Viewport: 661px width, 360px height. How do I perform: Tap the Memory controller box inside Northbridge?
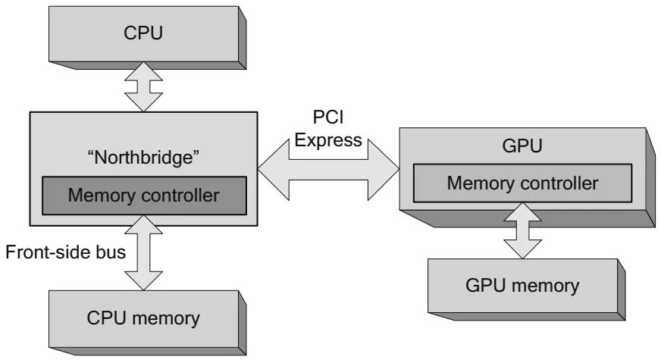click(x=144, y=195)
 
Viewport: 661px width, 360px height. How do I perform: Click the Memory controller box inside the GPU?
click(x=522, y=183)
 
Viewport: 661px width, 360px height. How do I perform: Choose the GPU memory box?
click(x=522, y=285)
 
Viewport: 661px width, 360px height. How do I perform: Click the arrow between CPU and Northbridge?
click(x=143, y=86)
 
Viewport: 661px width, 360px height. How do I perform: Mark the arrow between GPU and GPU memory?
click(x=522, y=231)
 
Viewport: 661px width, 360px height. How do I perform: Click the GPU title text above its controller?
click(x=522, y=146)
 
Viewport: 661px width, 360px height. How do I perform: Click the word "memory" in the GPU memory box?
click(x=544, y=286)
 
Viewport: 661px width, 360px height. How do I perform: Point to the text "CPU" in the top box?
click(x=143, y=35)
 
